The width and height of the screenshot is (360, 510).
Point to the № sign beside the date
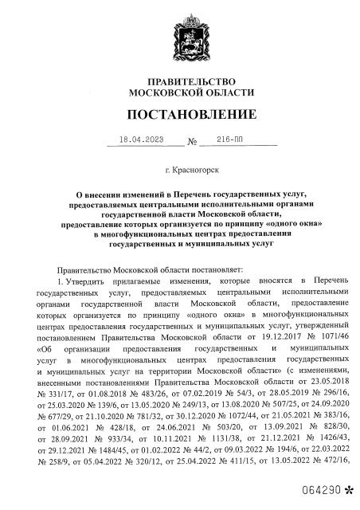191,143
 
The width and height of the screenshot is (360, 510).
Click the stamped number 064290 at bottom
321,488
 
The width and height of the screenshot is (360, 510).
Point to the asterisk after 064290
347,487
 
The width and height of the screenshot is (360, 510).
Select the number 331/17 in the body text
61,393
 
